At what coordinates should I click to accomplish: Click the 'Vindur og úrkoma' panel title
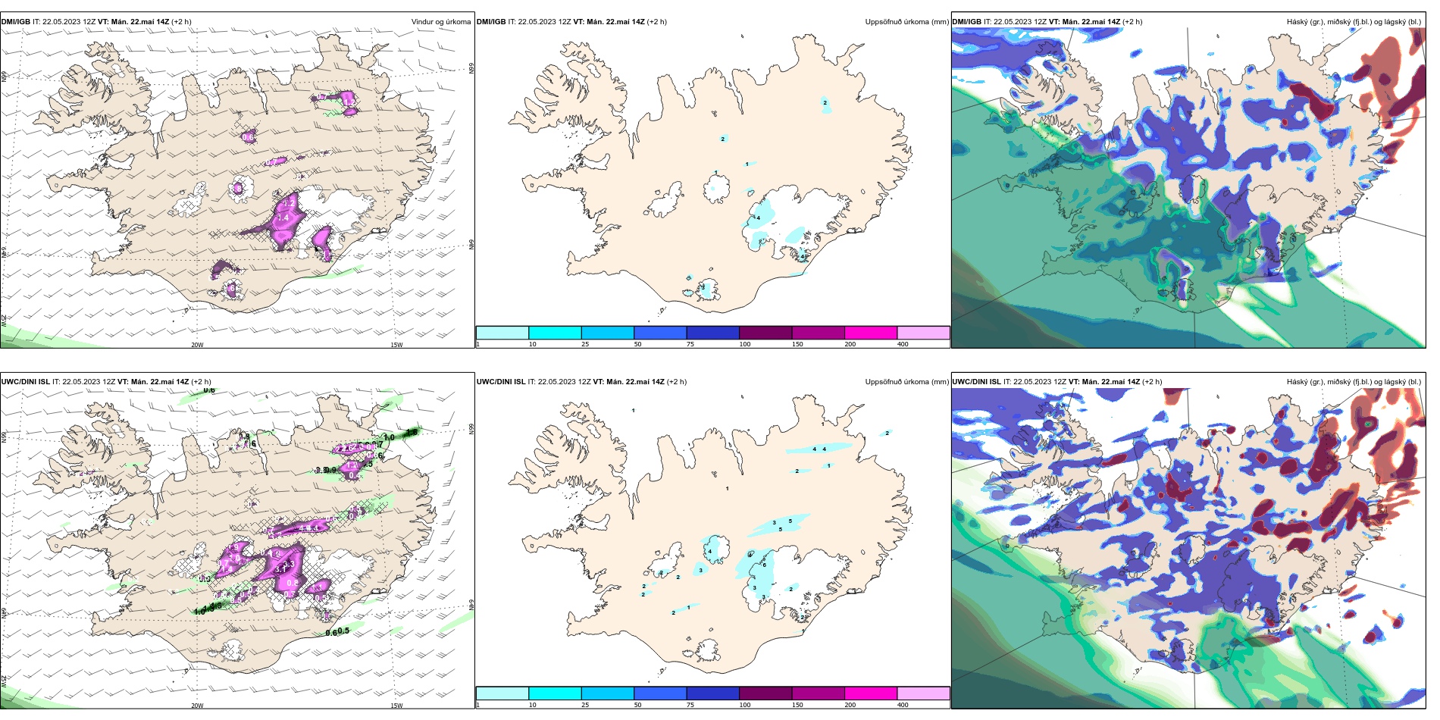point(440,22)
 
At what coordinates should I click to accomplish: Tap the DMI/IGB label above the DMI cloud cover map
point(966,22)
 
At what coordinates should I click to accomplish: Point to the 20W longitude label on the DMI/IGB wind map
point(197,345)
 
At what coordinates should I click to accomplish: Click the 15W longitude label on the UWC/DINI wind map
point(396,706)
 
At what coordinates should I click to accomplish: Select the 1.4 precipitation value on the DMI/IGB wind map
point(283,218)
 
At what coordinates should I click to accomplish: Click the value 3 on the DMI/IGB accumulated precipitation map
point(703,287)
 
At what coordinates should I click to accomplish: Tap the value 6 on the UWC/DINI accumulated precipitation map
point(765,565)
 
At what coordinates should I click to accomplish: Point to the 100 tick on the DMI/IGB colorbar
point(745,344)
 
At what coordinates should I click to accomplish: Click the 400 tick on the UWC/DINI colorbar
point(903,705)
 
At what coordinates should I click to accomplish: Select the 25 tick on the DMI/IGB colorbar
point(585,344)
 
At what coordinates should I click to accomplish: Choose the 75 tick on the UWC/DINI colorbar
point(690,705)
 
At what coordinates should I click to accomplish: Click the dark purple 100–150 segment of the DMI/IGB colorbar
point(765,333)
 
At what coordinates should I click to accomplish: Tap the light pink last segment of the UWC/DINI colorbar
point(923,693)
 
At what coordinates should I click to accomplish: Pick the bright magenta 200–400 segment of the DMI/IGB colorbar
point(871,333)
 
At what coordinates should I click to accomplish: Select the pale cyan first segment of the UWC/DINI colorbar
point(502,693)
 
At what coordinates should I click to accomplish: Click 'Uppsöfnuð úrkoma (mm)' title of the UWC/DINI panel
point(906,382)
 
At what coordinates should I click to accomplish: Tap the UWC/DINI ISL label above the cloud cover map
point(976,382)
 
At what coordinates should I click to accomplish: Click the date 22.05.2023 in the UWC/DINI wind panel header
point(83,382)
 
